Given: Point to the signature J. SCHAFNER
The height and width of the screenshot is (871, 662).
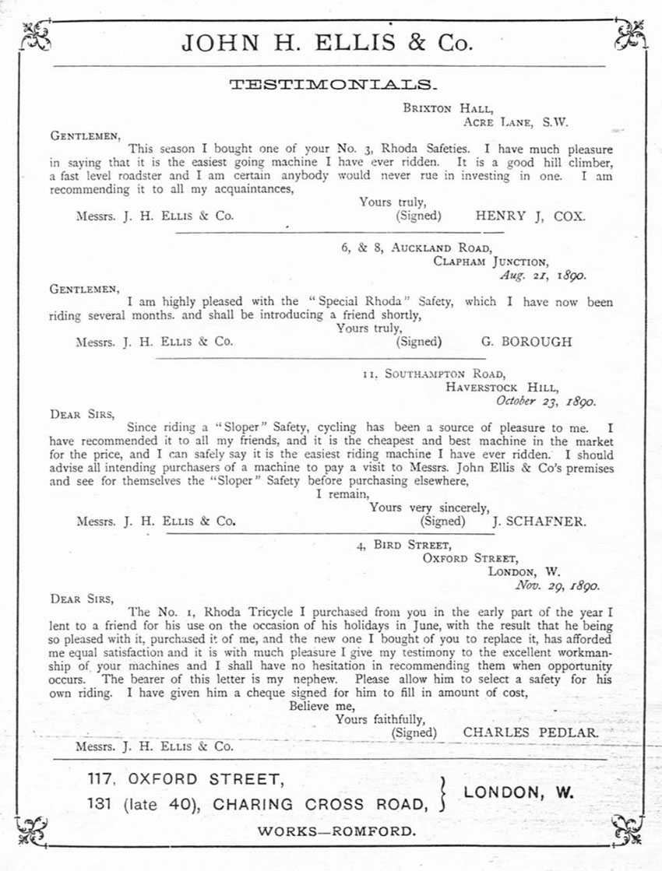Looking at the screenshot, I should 539,521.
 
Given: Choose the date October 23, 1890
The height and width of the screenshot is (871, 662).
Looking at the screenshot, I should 546,402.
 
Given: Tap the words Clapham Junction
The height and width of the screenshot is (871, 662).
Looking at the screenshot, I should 491,262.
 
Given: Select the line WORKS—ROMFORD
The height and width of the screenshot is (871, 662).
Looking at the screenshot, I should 336,831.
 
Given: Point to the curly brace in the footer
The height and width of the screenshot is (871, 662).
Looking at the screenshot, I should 445,792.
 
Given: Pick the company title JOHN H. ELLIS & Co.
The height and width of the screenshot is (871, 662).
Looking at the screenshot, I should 327,43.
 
